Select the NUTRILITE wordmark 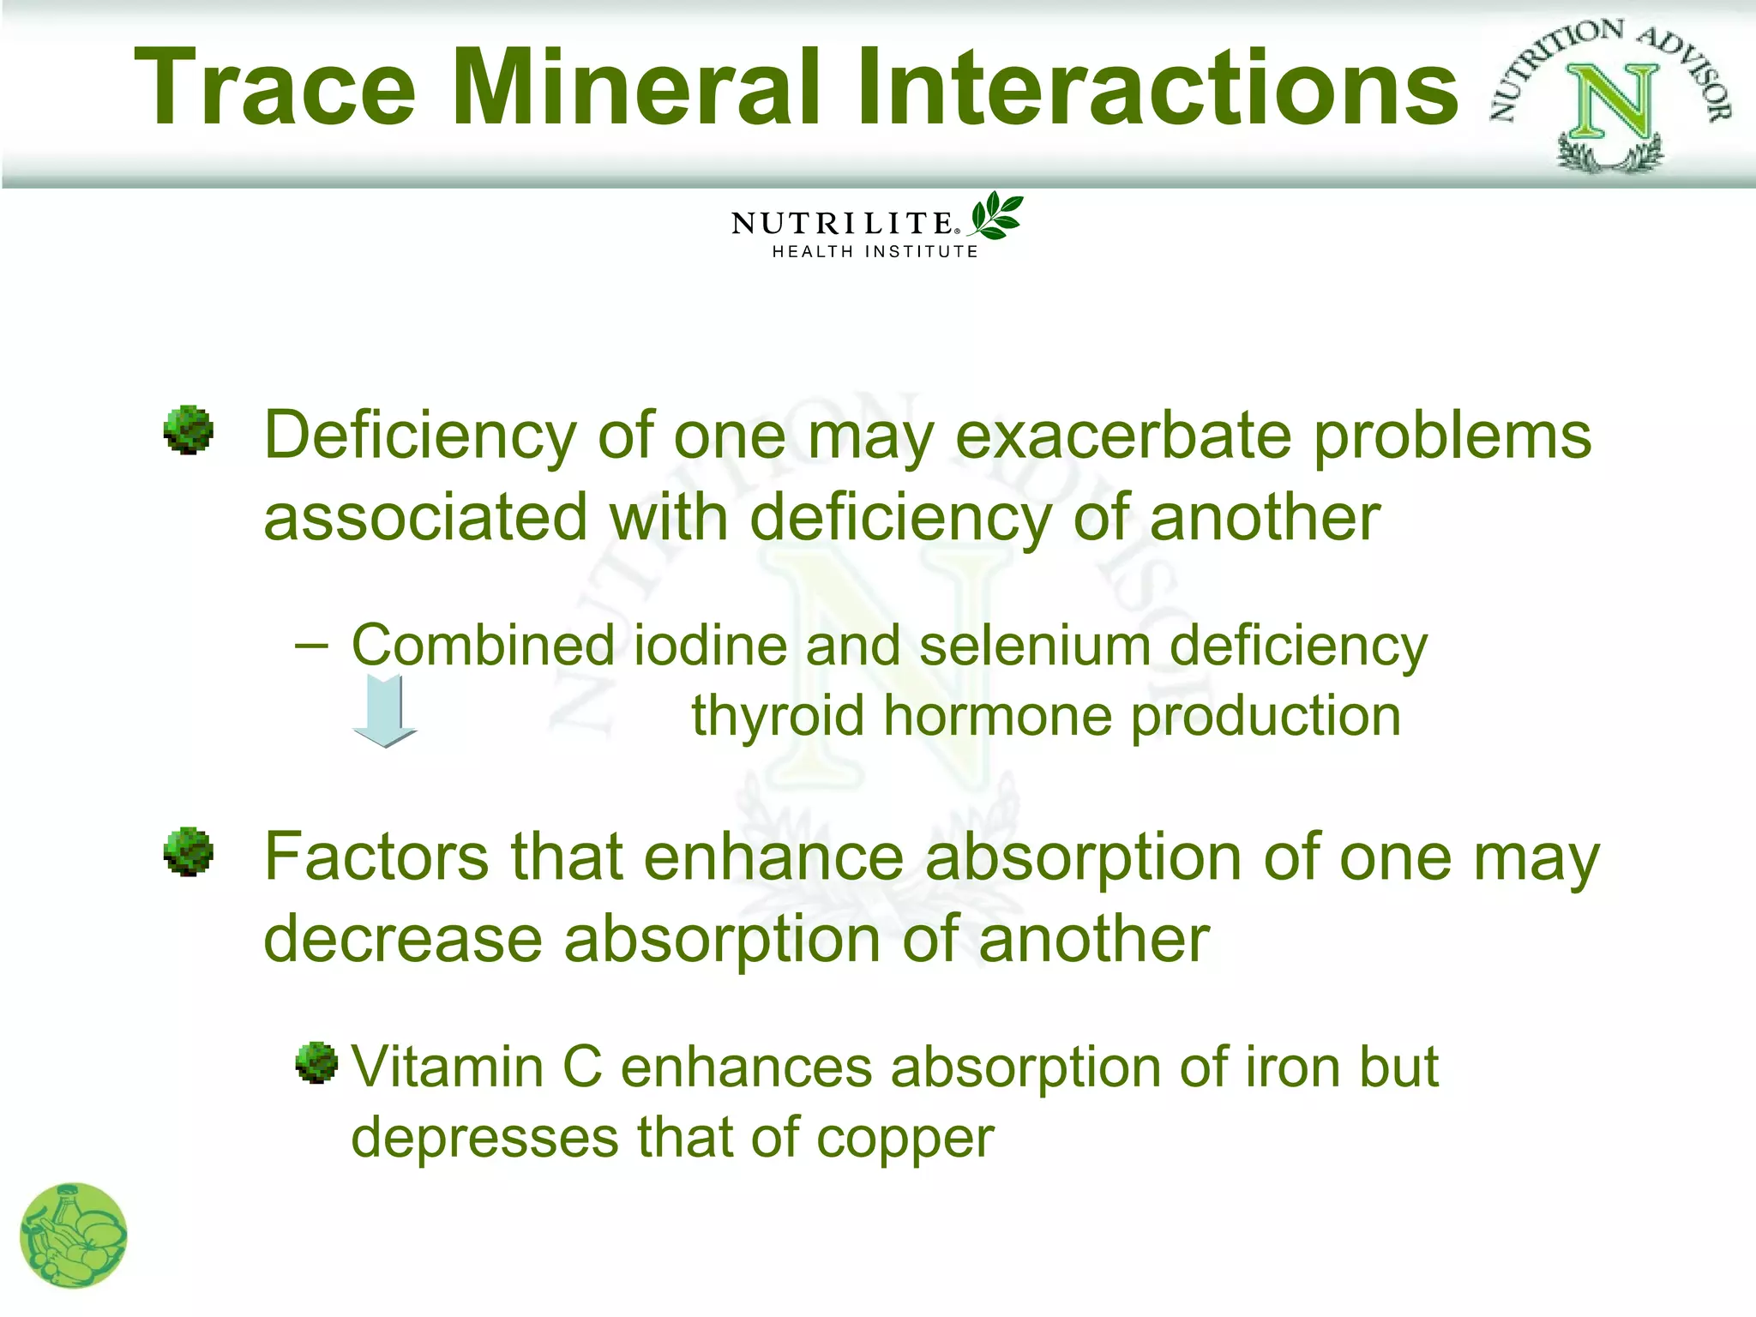pyautogui.click(x=843, y=224)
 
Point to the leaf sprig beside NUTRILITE pyautogui.click(x=995, y=216)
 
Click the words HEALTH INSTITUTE pyautogui.click(x=875, y=252)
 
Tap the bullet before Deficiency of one pyautogui.click(x=188, y=430)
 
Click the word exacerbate pyautogui.click(x=1123, y=436)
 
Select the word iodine pyautogui.click(x=709, y=645)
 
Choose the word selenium pyautogui.click(x=1034, y=645)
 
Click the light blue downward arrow pyautogui.click(x=385, y=711)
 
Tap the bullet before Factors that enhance pyautogui.click(x=188, y=851)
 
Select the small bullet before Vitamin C pyautogui.click(x=316, y=1063)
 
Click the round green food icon pyautogui.click(x=74, y=1236)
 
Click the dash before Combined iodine pyautogui.click(x=310, y=645)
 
